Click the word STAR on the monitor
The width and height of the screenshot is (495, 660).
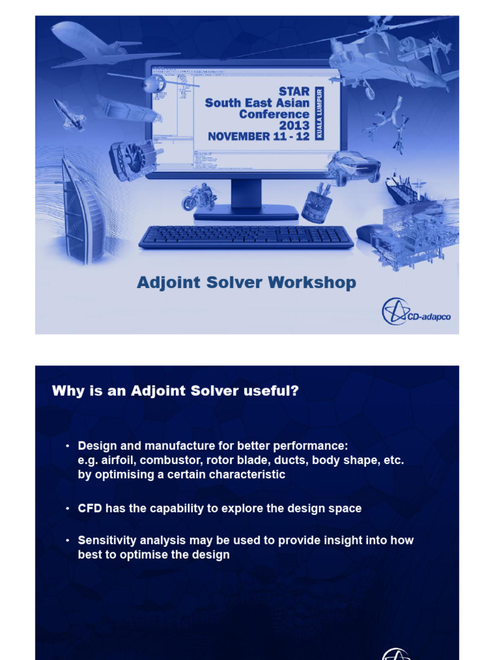pos(294,92)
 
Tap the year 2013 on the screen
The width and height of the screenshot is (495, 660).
pos(294,125)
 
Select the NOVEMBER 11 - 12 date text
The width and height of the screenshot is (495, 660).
pos(258,137)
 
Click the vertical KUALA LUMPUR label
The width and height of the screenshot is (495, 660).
pos(318,113)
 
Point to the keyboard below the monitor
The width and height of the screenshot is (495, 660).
pos(246,237)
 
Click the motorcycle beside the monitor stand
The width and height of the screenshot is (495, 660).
pos(199,196)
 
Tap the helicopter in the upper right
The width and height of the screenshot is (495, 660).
pos(387,58)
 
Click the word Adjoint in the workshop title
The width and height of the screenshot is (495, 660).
pos(167,283)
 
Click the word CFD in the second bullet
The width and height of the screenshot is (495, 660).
pos(90,509)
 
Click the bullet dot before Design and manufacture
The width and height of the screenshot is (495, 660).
pos(67,446)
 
